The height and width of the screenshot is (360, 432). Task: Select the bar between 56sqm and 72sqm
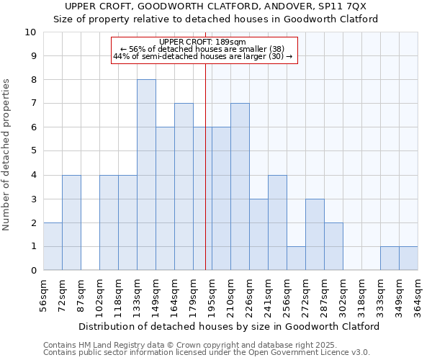click(x=53, y=246)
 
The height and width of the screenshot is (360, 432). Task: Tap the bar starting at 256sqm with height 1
click(x=296, y=258)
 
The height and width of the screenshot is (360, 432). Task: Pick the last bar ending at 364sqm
click(x=408, y=258)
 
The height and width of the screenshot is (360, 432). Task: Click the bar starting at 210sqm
click(x=240, y=187)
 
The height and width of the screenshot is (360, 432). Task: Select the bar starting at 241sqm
click(x=277, y=222)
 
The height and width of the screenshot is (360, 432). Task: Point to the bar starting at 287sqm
click(x=333, y=246)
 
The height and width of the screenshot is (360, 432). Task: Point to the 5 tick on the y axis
click(x=32, y=151)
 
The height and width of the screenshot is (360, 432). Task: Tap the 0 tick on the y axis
click(x=32, y=271)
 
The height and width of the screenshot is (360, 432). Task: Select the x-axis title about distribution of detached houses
click(x=229, y=326)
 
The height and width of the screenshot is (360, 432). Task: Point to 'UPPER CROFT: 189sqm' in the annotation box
click(x=203, y=42)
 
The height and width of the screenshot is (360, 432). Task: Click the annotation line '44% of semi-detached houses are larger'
click(x=203, y=56)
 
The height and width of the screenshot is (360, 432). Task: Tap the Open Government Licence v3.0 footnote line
click(x=207, y=353)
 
